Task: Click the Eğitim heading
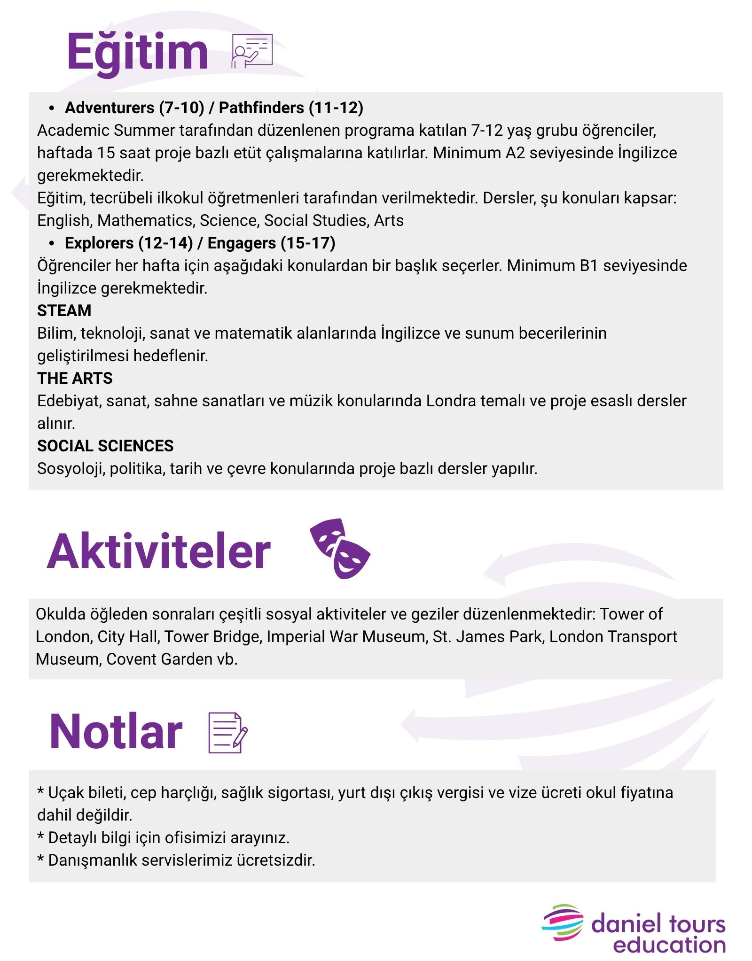tap(137, 53)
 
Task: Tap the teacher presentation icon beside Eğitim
tap(252, 51)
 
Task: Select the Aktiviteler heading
tap(159, 551)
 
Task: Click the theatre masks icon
tap(339, 548)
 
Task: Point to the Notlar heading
tap(116, 732)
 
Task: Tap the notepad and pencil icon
tap(227, 733)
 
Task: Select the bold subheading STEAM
tap(64, 310)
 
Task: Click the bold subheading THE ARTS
tap(75, 378)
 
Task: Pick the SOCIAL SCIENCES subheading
tap(105, 446)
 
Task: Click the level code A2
tap(515, 153)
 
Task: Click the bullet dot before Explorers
tap(52, 243)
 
